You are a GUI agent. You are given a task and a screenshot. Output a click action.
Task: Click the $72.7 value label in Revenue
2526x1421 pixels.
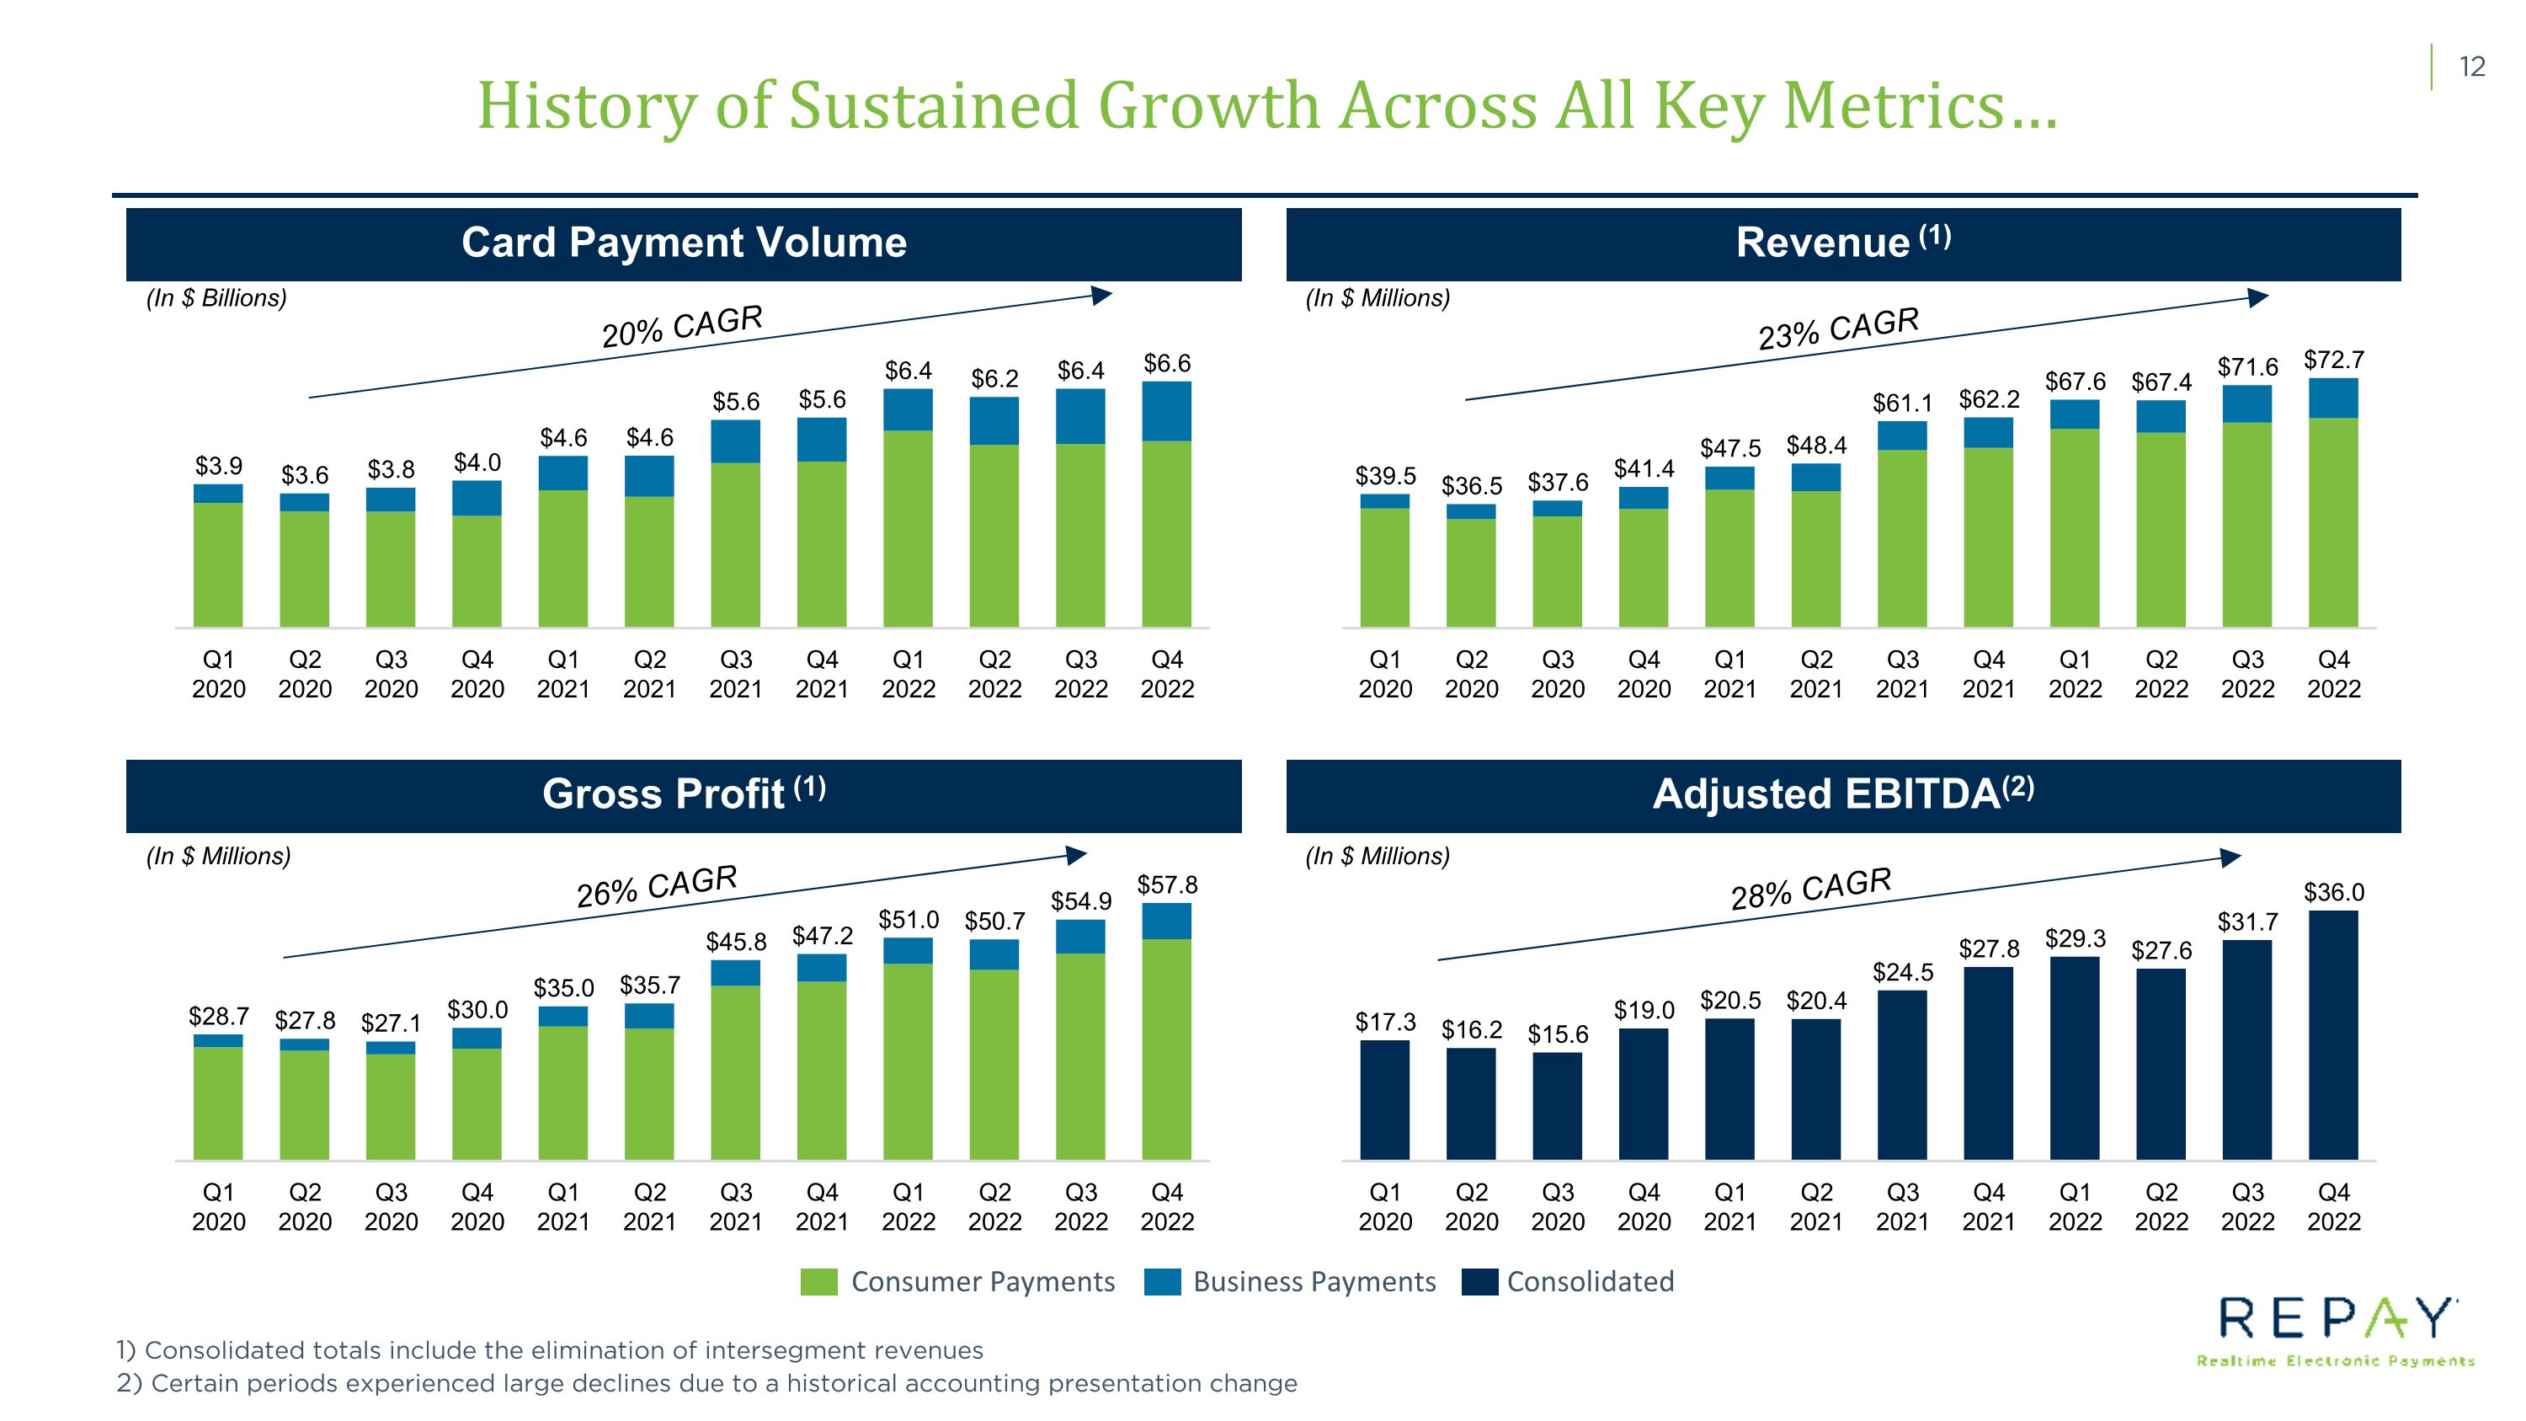[2333, 360]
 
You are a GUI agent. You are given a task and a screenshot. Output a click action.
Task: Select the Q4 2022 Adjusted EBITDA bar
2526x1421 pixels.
[2333, 1035]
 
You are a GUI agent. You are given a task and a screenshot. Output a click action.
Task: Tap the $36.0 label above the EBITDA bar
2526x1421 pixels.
[2333, 892]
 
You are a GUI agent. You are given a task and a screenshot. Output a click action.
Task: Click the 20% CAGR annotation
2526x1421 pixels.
[683, 326]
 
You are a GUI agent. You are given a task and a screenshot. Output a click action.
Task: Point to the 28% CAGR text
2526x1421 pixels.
[1811, 889]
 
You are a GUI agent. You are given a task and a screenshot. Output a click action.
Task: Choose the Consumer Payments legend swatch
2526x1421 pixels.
[818, 1282]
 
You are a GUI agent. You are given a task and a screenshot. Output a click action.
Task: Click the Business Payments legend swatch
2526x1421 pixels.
[1162, 1282]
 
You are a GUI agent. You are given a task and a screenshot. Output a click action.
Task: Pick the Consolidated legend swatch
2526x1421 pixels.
[1479, 1282]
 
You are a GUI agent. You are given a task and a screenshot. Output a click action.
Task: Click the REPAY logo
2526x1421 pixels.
[2336, 1330]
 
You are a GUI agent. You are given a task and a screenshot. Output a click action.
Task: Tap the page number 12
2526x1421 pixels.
[2472, 67]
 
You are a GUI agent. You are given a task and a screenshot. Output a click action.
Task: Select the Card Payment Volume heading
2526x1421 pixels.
[684, 243]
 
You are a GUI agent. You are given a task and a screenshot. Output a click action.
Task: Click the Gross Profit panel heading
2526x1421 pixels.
[684, 793]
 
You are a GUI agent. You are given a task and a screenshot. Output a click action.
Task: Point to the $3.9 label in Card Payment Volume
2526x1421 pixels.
[219, 465]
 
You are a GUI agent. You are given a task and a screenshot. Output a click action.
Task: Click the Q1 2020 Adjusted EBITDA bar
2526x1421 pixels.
[1384, 1100]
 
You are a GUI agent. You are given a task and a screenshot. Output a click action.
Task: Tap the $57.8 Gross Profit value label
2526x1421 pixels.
[1167, 884]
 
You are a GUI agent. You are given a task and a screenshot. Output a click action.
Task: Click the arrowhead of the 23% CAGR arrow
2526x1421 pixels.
[2258, 298]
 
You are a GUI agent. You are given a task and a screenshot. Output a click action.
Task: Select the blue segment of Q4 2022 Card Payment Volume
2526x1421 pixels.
[1167, 411]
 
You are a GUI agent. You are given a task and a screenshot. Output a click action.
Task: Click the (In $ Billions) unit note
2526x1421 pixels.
[216, 298]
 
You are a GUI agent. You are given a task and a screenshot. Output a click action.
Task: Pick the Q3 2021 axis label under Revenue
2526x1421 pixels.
[1902, 674]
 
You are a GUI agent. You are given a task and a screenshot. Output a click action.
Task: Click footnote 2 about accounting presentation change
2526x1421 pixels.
[706, 1384]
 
